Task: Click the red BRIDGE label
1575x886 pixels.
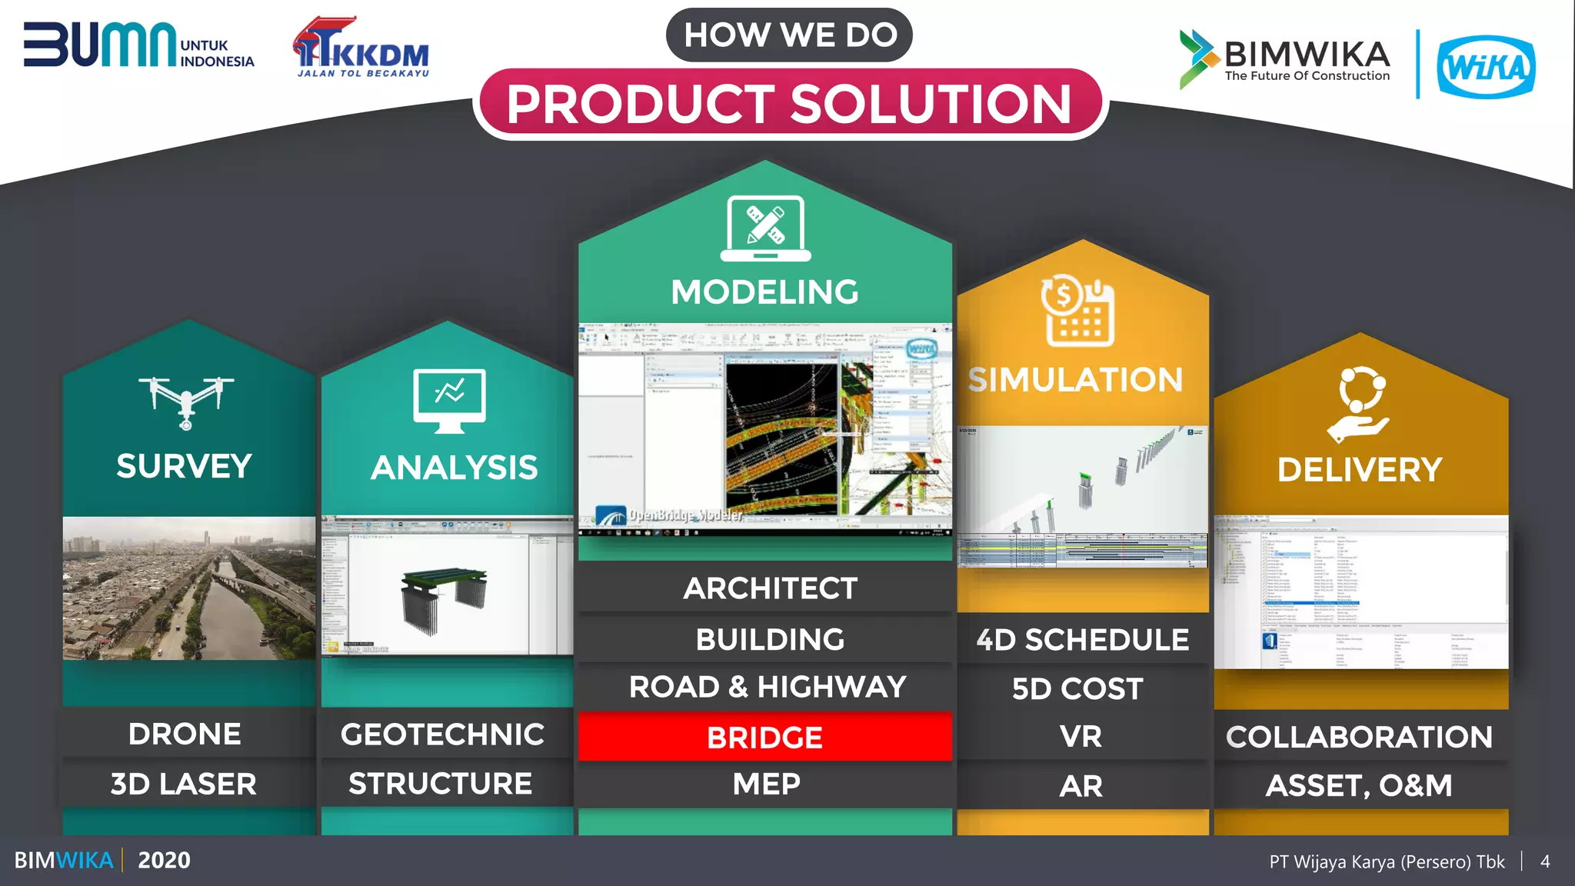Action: [x=764, y=737]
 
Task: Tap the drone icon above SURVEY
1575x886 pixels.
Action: [x=186, y=401]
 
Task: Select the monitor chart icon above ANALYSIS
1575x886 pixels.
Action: [x=449, y=400]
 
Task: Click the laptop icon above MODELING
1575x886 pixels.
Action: [x=765, y=228]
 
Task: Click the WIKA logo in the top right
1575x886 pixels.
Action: [x=1486, y=67]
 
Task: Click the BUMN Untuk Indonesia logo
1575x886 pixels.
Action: [x=138, y=46]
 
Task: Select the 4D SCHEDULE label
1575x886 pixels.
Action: [x=1082, y=640]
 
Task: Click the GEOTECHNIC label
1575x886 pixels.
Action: [x=443, y=734]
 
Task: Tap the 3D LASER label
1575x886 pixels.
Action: [x=184, y=784]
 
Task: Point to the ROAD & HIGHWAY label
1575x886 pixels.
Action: [x=768, y=687]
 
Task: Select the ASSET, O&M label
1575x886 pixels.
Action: [x=1359, y=785]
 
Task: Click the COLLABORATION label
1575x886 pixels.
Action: [x=1359, y=737]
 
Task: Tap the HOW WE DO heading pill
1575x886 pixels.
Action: [x=790, y=35]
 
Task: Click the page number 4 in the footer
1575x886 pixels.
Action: [x=1545, y=861]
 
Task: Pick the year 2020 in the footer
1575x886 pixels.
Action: [x=164, y=860]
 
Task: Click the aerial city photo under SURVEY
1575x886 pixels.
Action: [x=189, y=588]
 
